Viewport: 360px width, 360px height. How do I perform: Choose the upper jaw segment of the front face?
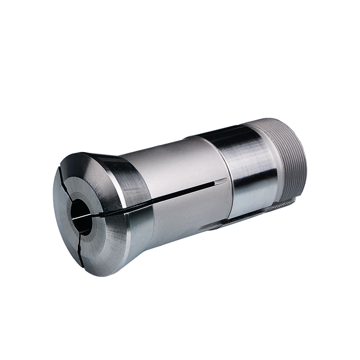[90, 180]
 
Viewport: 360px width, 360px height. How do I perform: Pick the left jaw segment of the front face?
[63, 220]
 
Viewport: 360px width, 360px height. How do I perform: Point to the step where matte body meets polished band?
[228, 180]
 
